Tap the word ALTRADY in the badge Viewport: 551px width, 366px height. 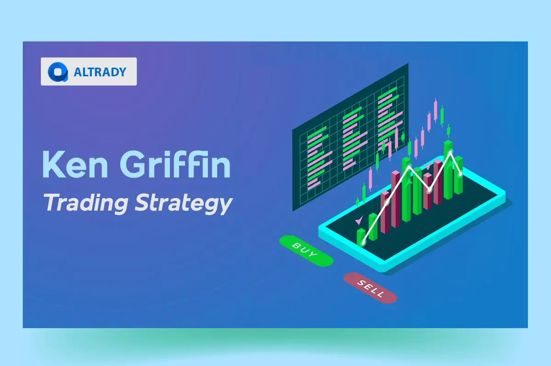coord(100,72)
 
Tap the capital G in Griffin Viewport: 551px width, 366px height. coord(137,164)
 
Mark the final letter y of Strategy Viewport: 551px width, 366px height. coord(224,206)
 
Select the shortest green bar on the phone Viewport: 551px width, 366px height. coord(361,236)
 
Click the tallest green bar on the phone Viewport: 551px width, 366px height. coord(448,170)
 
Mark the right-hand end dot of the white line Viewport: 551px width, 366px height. coord(461,173)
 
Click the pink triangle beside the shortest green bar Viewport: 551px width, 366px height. coord(358,221)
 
